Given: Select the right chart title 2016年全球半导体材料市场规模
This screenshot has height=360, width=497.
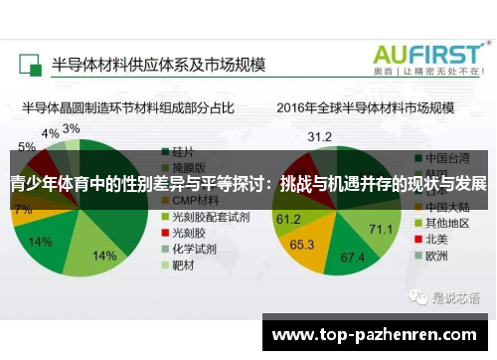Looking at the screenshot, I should pyautogui.click(x=365, y=106).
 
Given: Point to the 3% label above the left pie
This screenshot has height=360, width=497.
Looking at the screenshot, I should pyautogui.click(x=72, y=129).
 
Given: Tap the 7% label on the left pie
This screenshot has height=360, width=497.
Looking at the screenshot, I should pyautogui.click(x=23, y=209).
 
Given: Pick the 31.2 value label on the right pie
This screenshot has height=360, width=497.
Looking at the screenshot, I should pyautogui.click(x=320, y=136).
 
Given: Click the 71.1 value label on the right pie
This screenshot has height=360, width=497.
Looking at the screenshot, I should pyautogui.click(x=381, y=230).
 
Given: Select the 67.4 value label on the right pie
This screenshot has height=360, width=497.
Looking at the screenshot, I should pyautogui.click(x=353, y=258).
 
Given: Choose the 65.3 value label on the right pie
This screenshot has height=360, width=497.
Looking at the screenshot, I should pyautogui.click(x=302, y=243).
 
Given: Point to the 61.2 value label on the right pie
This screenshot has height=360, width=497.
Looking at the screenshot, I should pyautogui.click(x=288, y=218).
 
